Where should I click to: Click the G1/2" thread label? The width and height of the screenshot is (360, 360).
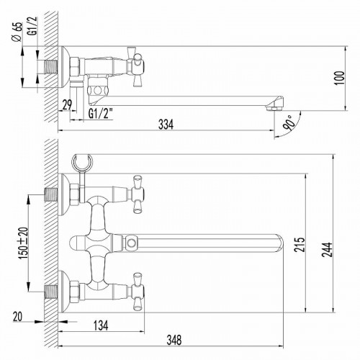pos(101,114)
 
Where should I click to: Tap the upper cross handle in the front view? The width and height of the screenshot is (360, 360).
pos(135,193)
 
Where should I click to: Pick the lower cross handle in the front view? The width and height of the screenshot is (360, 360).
pos(135,292)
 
